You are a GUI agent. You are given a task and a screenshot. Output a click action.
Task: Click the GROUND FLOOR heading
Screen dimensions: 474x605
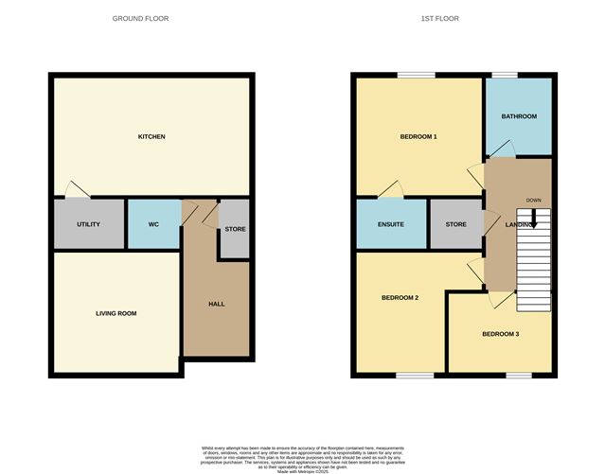coord(140,19)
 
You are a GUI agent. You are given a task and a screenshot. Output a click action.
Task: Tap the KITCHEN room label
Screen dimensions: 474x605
coord(151,137)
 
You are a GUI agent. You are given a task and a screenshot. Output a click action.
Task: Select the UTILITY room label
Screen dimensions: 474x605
coord(89,224)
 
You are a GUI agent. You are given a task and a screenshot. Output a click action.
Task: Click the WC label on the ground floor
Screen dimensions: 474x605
coord(153,224)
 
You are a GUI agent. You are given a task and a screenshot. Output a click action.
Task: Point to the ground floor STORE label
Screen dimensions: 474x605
coord(236,228)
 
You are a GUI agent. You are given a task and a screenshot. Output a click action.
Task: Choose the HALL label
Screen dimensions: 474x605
coord(216,304)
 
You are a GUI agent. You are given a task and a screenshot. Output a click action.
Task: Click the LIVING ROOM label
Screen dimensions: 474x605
coord(116,312)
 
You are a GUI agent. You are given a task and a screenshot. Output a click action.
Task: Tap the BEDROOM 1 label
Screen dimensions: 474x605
coord(418,137)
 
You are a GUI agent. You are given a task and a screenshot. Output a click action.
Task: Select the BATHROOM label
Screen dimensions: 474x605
coord(519,116)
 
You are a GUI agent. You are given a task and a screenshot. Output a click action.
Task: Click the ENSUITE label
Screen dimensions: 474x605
coord(390,225)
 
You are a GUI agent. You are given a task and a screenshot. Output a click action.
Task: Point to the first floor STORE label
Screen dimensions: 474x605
coord(456,225)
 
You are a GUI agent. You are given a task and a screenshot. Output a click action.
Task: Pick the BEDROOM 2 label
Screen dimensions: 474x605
coord(400,298)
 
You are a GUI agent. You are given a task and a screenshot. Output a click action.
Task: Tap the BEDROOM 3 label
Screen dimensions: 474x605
coord(500,334)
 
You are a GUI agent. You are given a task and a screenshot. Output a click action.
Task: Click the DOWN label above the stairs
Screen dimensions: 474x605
coord(534,201)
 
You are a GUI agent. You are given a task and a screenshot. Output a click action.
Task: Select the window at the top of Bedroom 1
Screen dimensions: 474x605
coord(416,75)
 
